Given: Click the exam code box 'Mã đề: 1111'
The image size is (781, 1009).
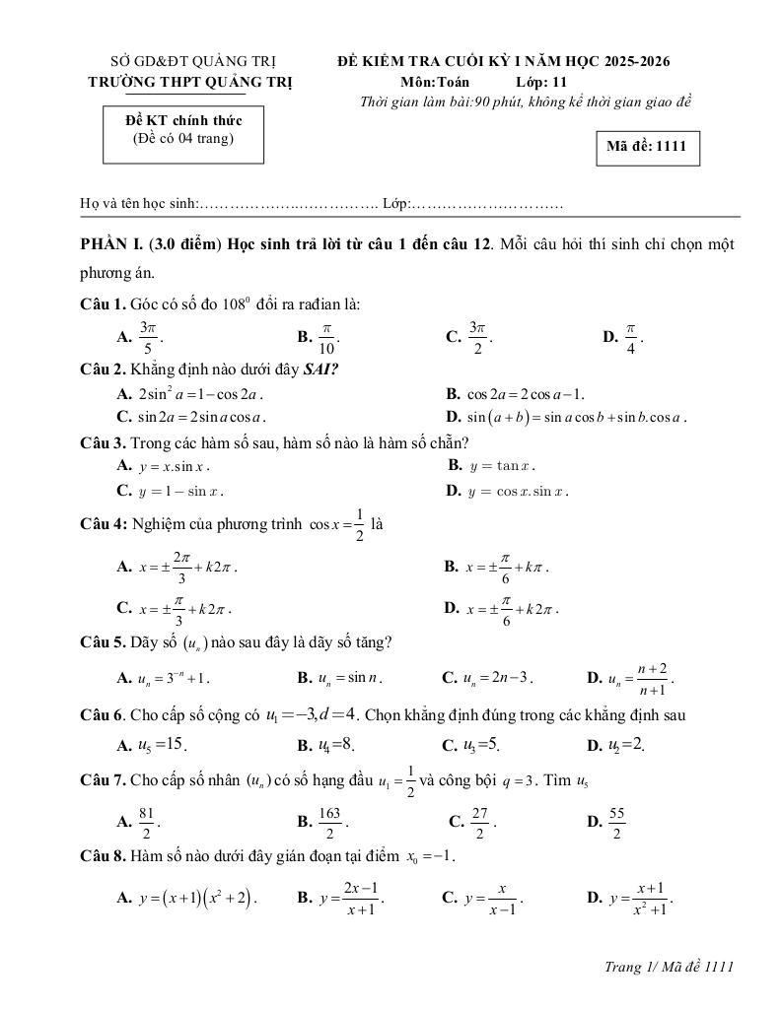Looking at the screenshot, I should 646,148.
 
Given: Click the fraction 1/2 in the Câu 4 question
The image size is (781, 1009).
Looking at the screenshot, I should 360,524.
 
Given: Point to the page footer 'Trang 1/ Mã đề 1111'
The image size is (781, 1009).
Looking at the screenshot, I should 670,968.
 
